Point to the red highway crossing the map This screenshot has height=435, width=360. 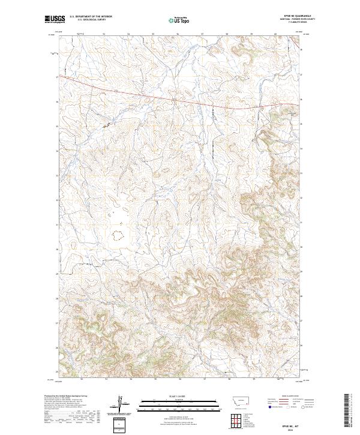[x=180, y=100]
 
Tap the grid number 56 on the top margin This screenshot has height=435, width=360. [x=178, y=34]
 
